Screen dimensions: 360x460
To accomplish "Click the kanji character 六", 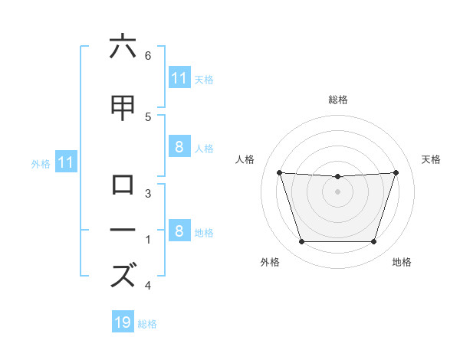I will click(x=123, y=47).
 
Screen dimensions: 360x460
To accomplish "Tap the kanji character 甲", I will click(x=123, y=108).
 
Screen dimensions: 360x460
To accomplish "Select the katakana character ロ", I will click(x=123, y=185).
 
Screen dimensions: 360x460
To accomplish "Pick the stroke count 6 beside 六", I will click(x=148, y=55).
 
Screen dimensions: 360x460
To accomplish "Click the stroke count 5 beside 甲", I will click(x=148, y=116).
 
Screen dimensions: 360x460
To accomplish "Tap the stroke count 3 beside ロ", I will click(x=148, y=193).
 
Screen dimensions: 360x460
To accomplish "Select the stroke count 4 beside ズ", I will click(x=148, y=286).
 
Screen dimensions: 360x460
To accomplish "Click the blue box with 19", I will click(x=123, y=322).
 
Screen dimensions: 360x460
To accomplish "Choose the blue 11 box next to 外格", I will click(x=66, y=162).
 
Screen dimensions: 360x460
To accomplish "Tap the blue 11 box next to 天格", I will click(x=179, y=78).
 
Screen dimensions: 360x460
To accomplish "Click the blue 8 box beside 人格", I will click(x=179, y=147).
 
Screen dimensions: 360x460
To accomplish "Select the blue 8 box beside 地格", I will click(x=179, y=231).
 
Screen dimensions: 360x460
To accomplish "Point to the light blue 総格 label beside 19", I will click(x=147, y=324).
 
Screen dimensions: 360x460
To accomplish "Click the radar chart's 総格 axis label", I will click(x=338, y=100).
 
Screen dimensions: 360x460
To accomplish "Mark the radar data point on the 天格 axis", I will click(x=396, y=172).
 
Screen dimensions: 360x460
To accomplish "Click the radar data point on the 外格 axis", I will click(x=301, y=242).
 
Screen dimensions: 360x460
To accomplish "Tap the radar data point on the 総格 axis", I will click(x=338, y=177).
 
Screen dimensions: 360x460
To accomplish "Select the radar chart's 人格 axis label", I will click(x=245, y=159).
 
